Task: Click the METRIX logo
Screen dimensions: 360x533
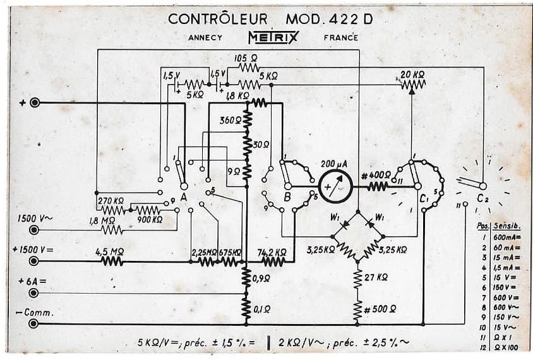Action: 273,37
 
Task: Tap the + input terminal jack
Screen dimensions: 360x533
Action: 34,103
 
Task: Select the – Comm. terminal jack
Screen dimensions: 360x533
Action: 34,324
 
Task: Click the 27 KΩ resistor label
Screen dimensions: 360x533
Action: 377,277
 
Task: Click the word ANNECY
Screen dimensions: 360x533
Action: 205,37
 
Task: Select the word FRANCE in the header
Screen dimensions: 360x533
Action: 340,37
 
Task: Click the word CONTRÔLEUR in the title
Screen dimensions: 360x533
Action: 218,18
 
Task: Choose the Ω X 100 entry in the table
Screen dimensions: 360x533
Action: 506,347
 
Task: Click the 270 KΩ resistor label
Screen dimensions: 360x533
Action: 110,201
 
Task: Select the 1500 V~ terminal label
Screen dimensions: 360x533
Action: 32,219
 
